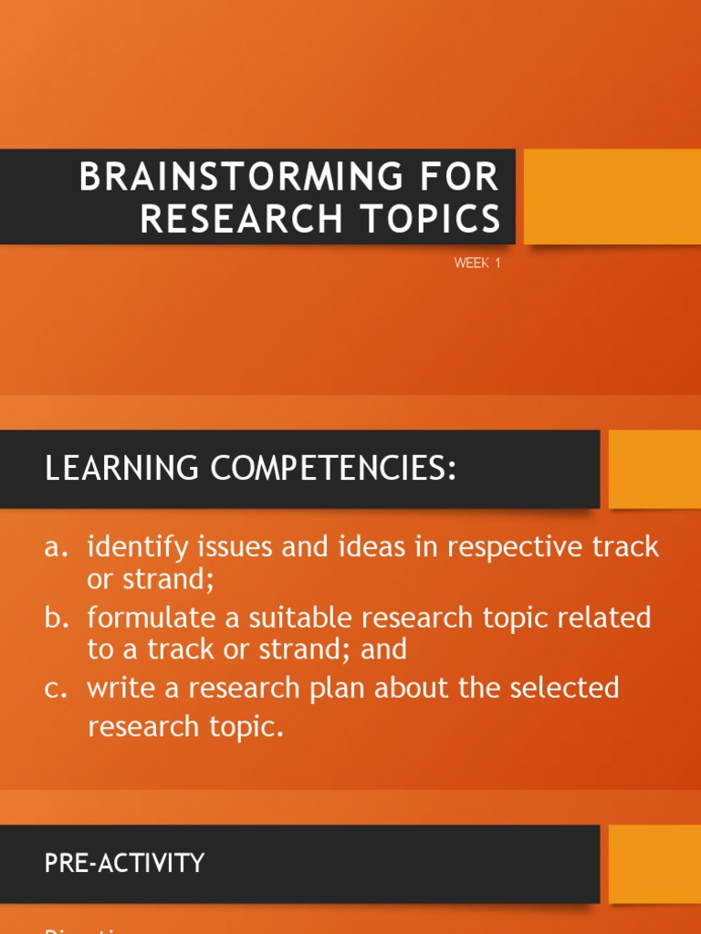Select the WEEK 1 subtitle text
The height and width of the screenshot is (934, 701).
(478, 264)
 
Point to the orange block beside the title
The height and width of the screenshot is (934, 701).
(612, 197)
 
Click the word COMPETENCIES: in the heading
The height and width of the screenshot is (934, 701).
(333, 469)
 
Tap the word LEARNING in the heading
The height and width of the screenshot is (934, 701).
(121, 469)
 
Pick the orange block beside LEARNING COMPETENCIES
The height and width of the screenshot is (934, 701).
(654, 469)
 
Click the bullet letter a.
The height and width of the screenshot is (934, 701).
(56, 547)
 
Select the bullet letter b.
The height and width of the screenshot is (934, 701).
(56, 617)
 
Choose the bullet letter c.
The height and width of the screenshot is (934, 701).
(56, 688)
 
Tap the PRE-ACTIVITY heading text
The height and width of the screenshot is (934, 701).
(125, 863)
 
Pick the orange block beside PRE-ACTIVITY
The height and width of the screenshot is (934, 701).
(654, 864)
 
